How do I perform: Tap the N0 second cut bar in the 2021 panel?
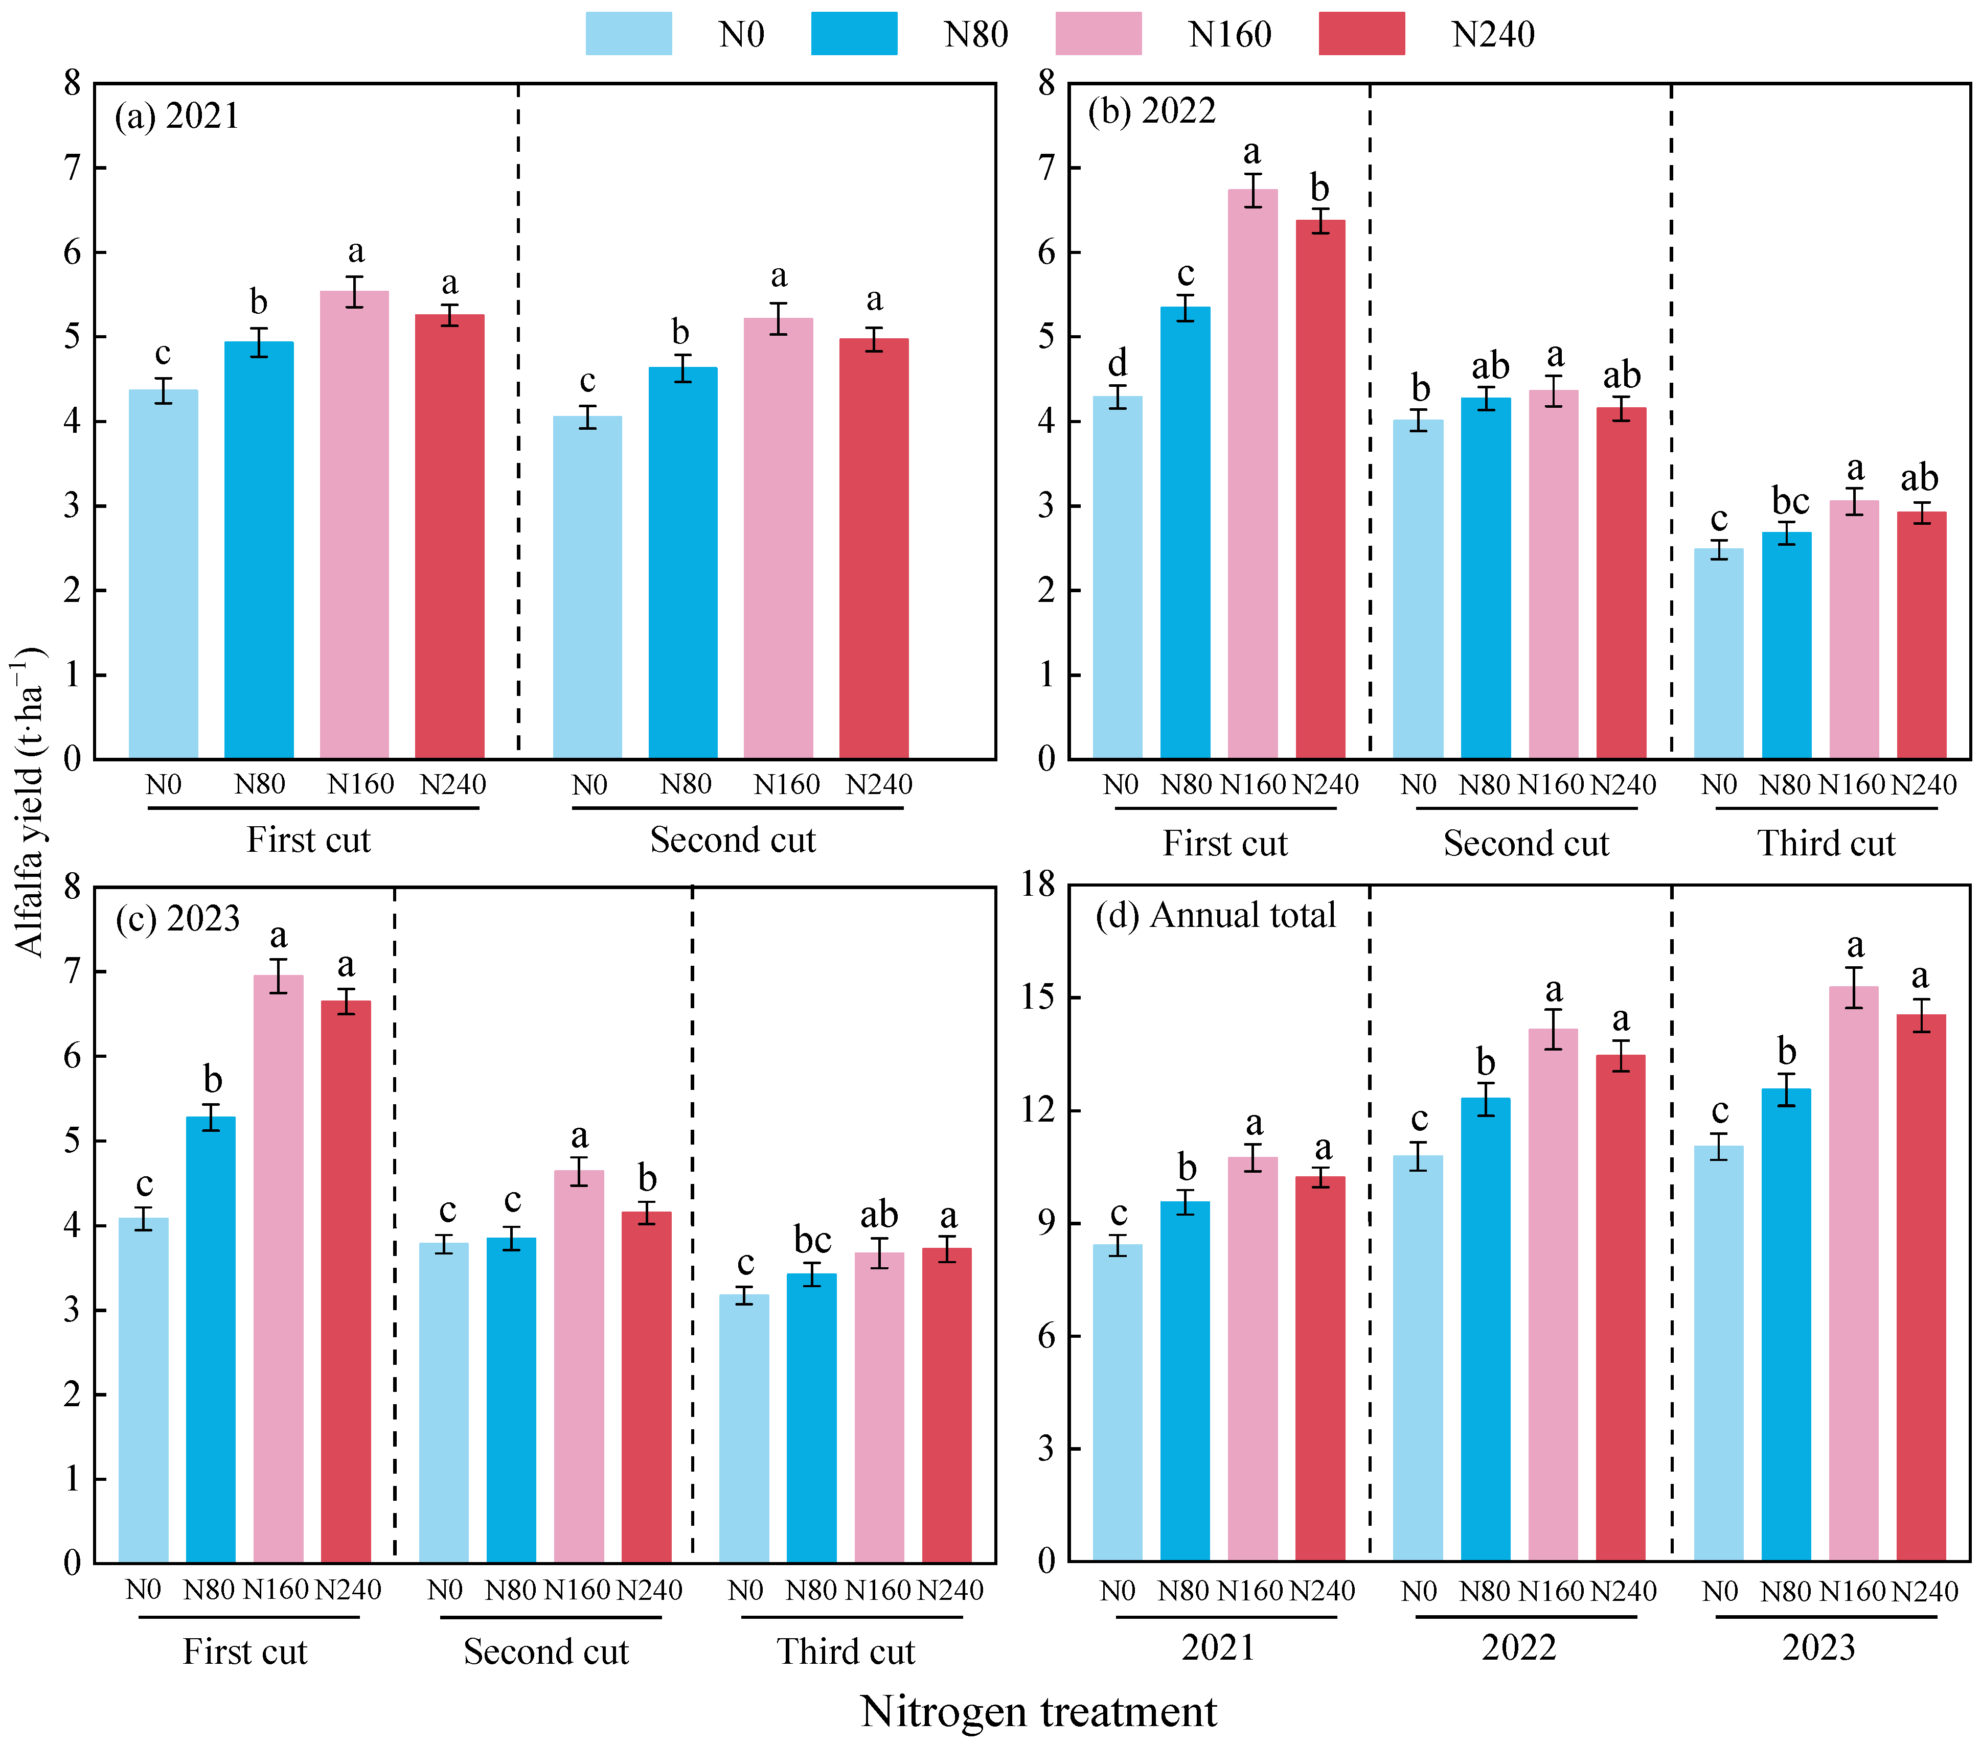587,586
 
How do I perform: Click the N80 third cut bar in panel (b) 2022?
1786,644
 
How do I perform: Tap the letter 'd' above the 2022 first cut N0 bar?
1118,363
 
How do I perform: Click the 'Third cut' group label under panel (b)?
1826,843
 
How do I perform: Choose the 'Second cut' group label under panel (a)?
733,839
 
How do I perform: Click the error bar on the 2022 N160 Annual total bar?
1554,1029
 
